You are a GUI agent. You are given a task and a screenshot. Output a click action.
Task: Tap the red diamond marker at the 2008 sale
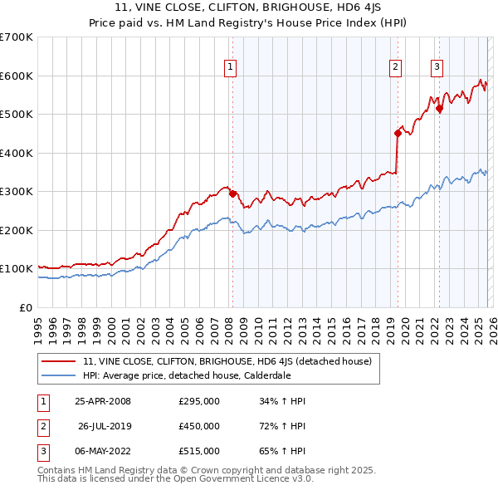click(233, 194)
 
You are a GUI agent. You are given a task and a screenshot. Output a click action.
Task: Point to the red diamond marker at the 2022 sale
click(439, 108)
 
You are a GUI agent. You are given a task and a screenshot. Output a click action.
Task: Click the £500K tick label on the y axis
click(16, 115)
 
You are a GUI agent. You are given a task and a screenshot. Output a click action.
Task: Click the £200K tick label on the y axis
click(16, 230)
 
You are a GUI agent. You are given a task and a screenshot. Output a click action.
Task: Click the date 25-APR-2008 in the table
click(102, 401)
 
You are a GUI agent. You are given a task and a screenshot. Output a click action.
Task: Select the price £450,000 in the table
click(199, 426)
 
